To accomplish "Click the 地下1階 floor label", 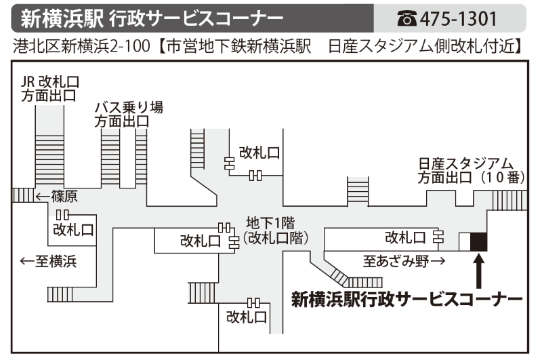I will (x=274, y=224).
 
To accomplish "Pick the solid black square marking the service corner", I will (x=478, y=241).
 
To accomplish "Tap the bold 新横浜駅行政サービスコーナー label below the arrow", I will (x=406, y=298).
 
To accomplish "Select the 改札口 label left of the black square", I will (x=405, y=237).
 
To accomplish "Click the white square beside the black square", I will (x=464, y=241).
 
